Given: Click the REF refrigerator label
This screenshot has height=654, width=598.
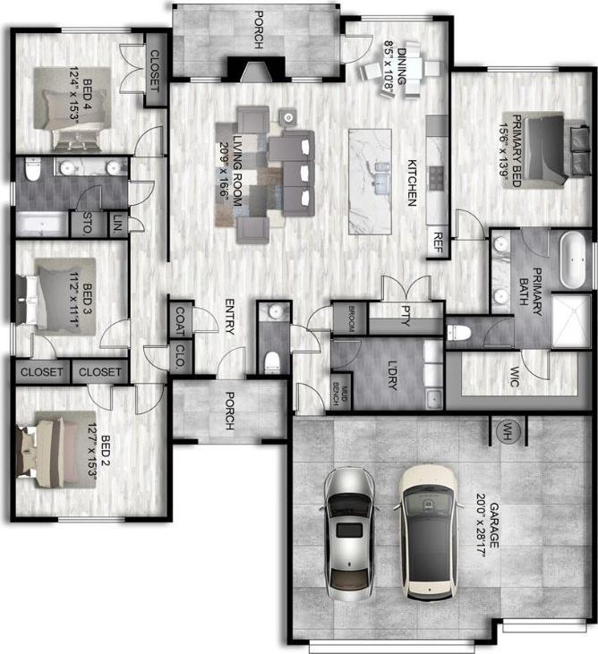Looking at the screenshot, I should [438, 242].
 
